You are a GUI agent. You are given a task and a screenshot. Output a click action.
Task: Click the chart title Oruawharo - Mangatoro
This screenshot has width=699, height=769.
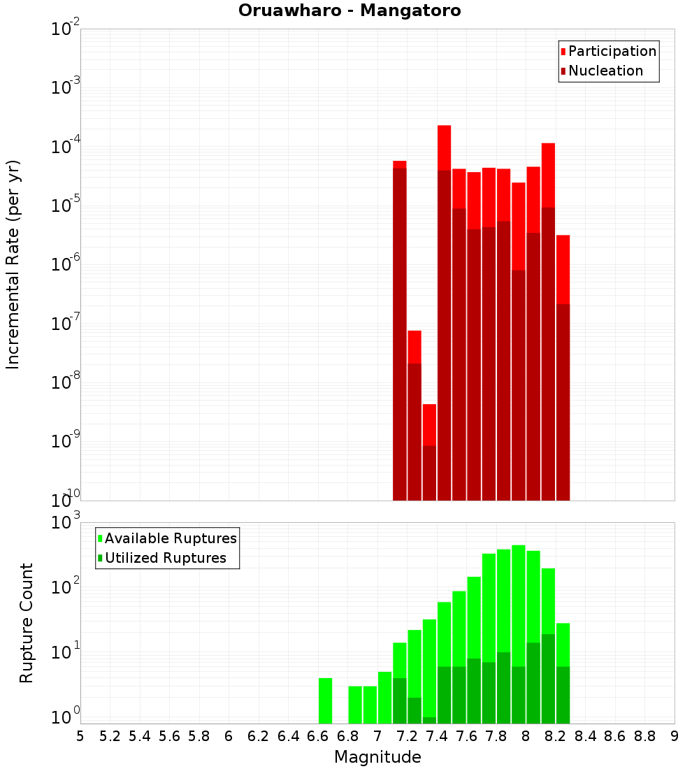click(349, 11)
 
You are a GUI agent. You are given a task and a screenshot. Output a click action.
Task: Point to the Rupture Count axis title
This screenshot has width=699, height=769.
click(27, 622)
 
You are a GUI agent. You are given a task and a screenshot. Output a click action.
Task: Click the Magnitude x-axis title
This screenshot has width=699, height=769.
click(377, 757)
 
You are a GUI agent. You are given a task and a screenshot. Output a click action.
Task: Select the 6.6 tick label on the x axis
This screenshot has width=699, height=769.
click(318, 735)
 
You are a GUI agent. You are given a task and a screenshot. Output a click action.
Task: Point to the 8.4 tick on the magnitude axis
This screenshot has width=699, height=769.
click(585, 735)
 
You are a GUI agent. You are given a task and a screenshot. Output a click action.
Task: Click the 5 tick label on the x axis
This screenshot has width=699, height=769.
click(80, 735)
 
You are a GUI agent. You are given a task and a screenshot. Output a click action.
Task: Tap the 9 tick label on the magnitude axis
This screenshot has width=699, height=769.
click(675, 735)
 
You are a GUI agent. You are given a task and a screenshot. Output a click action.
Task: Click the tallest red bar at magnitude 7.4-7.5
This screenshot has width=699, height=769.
click(444, 148)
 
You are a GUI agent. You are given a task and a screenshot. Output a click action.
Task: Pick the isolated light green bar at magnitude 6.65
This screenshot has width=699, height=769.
click(325, 700)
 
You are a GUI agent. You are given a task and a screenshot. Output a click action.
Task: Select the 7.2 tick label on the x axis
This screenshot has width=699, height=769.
click(407, 735)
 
